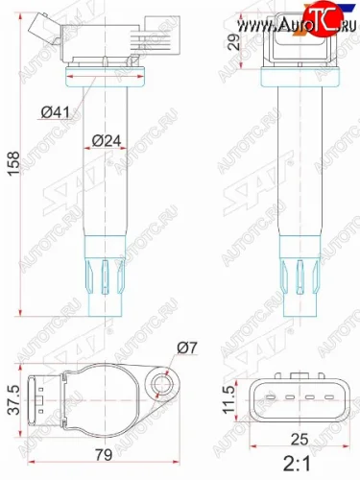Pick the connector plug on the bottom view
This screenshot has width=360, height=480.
tap(38, 399)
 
